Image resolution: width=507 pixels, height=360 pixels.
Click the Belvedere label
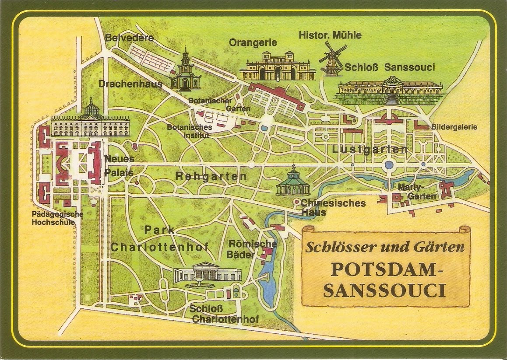pyautogui.click(x=129, y=38)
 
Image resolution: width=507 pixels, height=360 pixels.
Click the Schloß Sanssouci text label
pyautogui.click(x=390, y=67)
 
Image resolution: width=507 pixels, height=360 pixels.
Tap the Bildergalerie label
pyautogui.click(x=454, y=127)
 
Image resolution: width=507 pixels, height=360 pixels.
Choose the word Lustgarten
pyautogui.click(x=370, y=150)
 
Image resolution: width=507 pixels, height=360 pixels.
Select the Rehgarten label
pyautogui.click(x=211, y=177)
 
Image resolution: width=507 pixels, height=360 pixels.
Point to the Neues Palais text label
pyautogui.click(x=119, y=166)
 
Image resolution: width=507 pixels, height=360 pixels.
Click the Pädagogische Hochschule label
pyautogui.click(x=57, y=218)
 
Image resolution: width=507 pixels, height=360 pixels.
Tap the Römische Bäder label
pyautogui.click(x=253, y=249)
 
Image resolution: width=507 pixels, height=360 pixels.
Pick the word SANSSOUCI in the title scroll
pyautogui.click(x=385, y=290)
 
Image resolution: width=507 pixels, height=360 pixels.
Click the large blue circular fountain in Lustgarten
pyautogui.click(x=388, y=165)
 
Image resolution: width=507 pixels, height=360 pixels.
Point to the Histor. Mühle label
pyautogui.click(x=330, y=35)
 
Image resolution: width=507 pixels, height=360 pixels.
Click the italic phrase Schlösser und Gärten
pyautogui.click(x=384, y=247)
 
